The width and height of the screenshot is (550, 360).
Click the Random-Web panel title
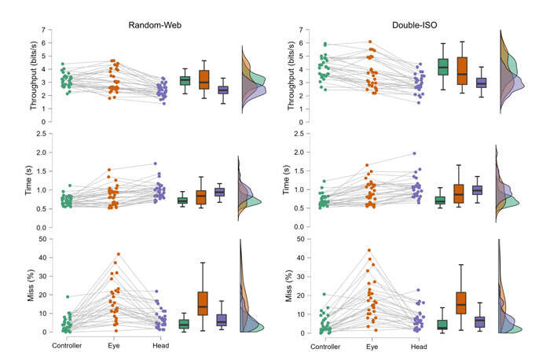point(152,24)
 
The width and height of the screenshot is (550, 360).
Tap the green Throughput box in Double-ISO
point(442,67)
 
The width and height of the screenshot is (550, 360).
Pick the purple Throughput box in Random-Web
point(222,90)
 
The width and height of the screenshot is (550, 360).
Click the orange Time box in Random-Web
point(203,197)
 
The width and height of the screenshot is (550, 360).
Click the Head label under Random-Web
point(160,345)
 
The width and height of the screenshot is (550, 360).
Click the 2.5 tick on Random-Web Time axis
point(38,134)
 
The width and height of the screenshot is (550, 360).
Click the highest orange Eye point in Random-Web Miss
point(118,254)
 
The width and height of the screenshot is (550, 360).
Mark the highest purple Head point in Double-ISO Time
point(414,153)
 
